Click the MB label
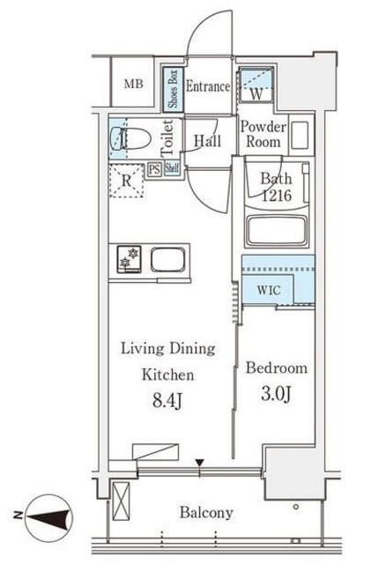pyautogui.click(x=132, y=85)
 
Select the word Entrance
pyautogui.click(x=208, y=86)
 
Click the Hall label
pyautogui.click(x=207, y=140)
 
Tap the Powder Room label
pyautogui.click(x=263, y=133)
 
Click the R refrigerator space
pyautogui.click(x=128, y=180)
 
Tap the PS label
pyautogui.click(x=154, y=170)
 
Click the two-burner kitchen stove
pyautogui.click(x=128, y=259)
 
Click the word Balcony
pyautogui.click(x=207, y=512)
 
